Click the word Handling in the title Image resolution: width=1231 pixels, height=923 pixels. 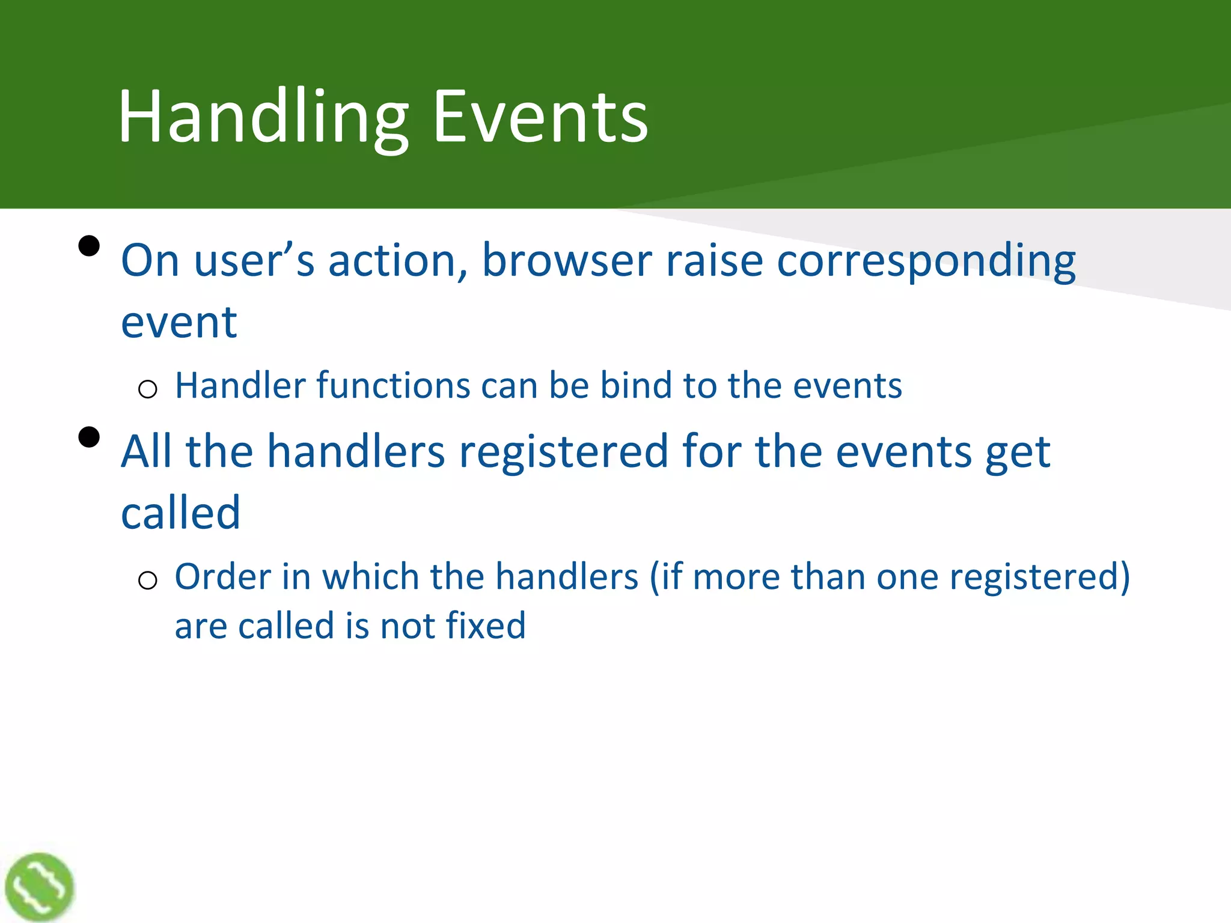pos(263,117)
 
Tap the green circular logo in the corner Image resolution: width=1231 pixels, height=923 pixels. pos(39,886)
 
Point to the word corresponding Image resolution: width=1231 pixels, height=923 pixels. pos(926,261)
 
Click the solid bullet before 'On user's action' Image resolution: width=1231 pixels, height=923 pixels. pos(89,246)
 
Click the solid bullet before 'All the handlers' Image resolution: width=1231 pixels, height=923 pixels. pos(89,437)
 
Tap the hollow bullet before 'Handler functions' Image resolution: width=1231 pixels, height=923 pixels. pos(147,389)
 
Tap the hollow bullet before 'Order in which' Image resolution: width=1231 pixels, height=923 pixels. pos(147,580)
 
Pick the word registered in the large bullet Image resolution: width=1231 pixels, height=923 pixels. pos(563,451)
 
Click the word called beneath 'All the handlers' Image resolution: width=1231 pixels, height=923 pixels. pos(180,513)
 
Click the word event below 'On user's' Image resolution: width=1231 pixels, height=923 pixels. pos(179,323)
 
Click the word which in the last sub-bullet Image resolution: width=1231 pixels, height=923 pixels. pos(370,577)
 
